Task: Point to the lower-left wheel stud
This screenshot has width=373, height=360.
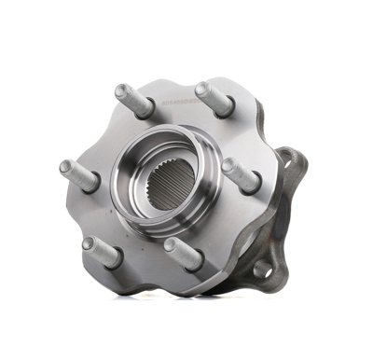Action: point(103,249)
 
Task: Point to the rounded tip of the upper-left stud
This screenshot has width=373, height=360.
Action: point(120,91)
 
